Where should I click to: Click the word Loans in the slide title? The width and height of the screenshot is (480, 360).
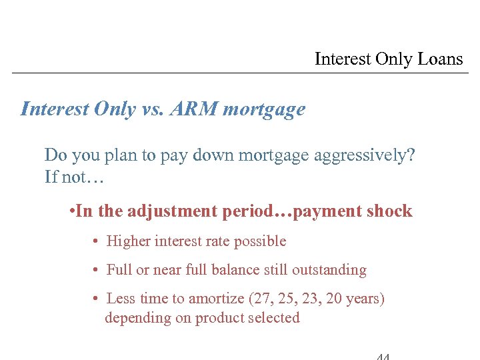[440, 59]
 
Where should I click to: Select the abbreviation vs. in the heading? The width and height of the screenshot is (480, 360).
[153, 109]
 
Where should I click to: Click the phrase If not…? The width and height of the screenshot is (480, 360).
[74, 177]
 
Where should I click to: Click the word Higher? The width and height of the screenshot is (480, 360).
[128, 241]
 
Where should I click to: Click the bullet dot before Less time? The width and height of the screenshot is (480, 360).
[97, 299]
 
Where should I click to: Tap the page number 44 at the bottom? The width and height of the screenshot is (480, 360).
[383, 356]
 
